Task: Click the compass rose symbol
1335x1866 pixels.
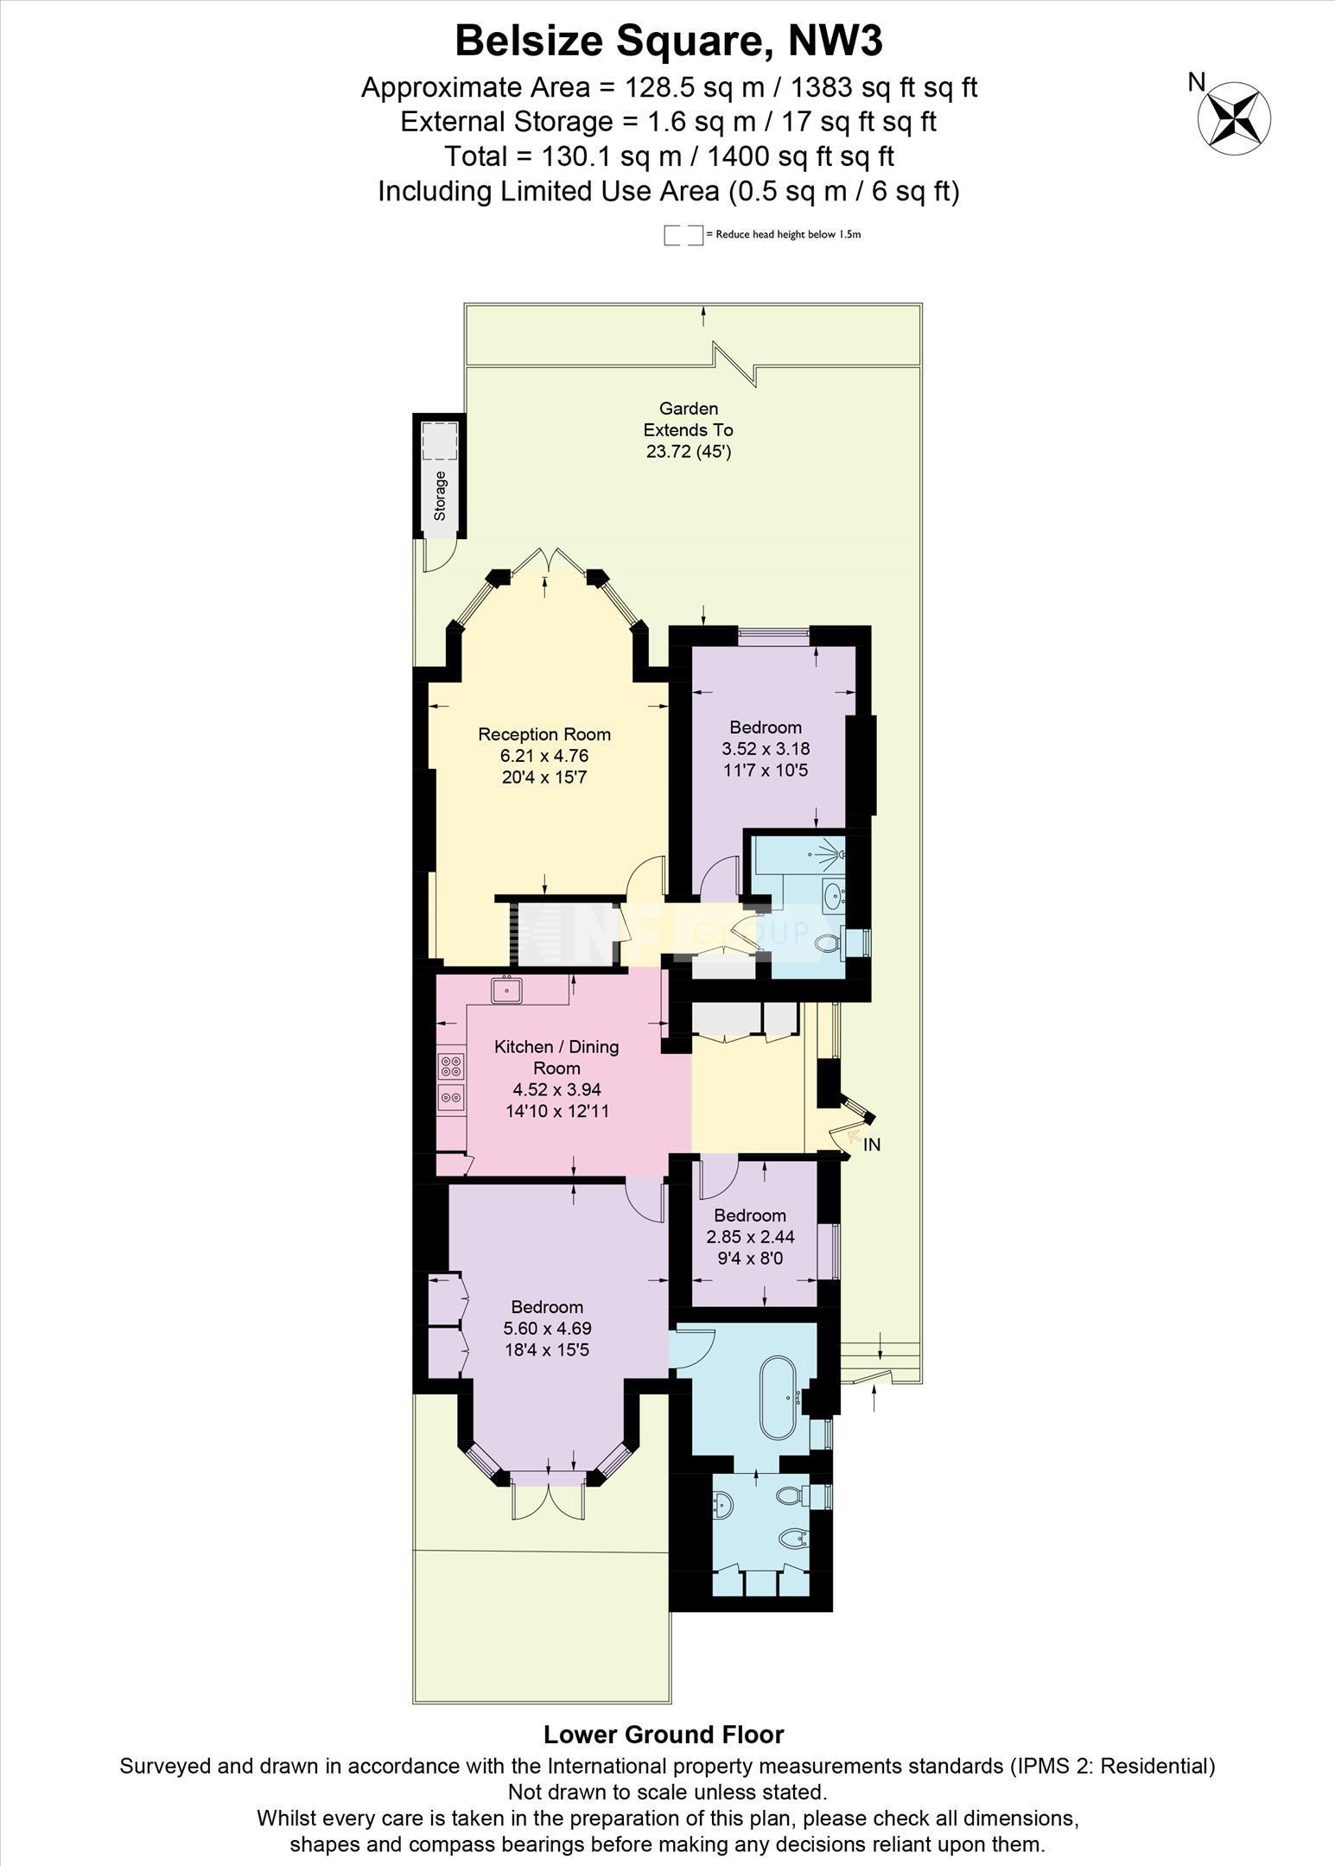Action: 1234,118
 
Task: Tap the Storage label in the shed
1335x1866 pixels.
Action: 440,495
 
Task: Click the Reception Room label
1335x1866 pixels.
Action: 544,734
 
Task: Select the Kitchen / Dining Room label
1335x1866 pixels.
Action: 556,1057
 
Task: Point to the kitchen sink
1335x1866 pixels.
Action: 506,989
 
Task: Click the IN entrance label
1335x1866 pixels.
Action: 872,1145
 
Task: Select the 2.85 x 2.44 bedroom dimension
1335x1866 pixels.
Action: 750,1236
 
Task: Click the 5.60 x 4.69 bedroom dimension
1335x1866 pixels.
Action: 547,1329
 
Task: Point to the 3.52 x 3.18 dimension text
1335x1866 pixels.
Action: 766,748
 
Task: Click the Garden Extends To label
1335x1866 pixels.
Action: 689,419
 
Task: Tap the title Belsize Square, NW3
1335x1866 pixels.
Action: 669,41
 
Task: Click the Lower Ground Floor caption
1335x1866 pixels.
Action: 664,1734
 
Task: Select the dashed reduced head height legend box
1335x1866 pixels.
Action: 683,235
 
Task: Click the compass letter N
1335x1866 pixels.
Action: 1197,82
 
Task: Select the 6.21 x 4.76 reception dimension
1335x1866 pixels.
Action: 544,756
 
